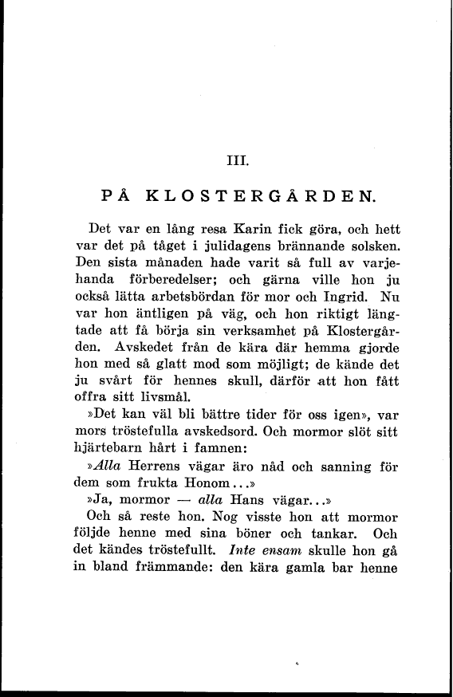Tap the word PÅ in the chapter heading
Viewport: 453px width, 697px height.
coord(119,194)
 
